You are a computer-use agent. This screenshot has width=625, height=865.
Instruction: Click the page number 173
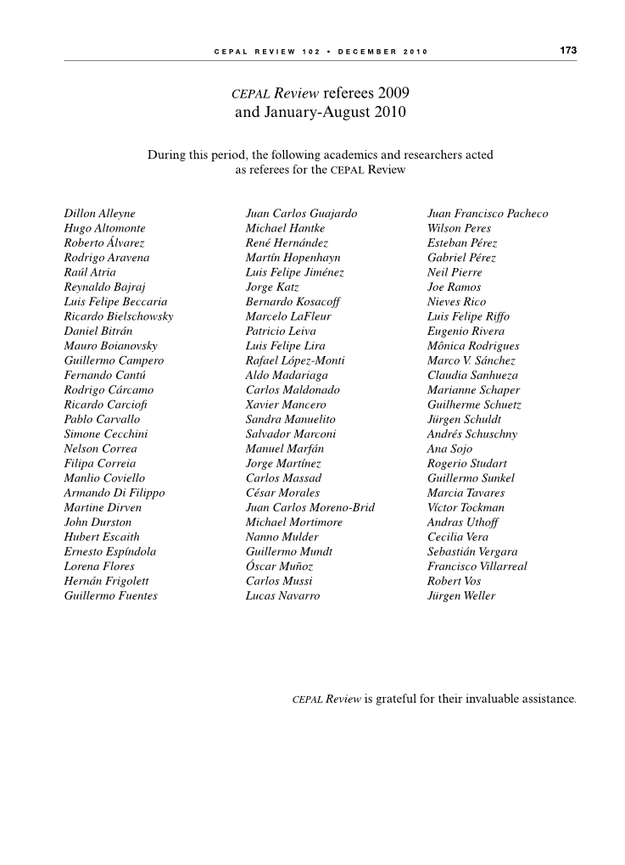click(568, 51)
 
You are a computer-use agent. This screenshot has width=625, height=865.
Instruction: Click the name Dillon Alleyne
click(99, 214)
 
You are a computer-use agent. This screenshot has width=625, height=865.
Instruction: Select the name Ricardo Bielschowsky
click(119, 316)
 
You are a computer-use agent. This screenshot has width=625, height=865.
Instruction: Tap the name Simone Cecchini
click(106, 434)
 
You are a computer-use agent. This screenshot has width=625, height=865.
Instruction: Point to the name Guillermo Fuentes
click(110, 596)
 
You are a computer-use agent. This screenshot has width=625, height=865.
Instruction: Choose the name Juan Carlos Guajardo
click(301, 214)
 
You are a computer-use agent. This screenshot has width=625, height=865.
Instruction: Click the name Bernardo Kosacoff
click(288, 302)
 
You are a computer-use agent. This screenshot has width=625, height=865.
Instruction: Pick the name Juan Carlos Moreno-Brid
click(310, 508)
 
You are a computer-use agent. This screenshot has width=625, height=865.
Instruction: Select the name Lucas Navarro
click(282, 596)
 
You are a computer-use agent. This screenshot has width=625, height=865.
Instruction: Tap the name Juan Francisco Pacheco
click(488, 214)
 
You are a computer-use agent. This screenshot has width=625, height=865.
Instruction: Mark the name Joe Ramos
click(454, 287)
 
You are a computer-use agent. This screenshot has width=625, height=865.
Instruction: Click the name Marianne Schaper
click(473, 390)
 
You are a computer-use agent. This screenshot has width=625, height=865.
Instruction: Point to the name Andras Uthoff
click(464, 522)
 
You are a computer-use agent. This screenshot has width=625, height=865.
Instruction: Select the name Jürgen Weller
click(461, 596)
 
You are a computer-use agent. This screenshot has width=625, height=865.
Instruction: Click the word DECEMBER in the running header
click(367, 52)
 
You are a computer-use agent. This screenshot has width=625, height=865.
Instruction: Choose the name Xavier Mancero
click(285, 405)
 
